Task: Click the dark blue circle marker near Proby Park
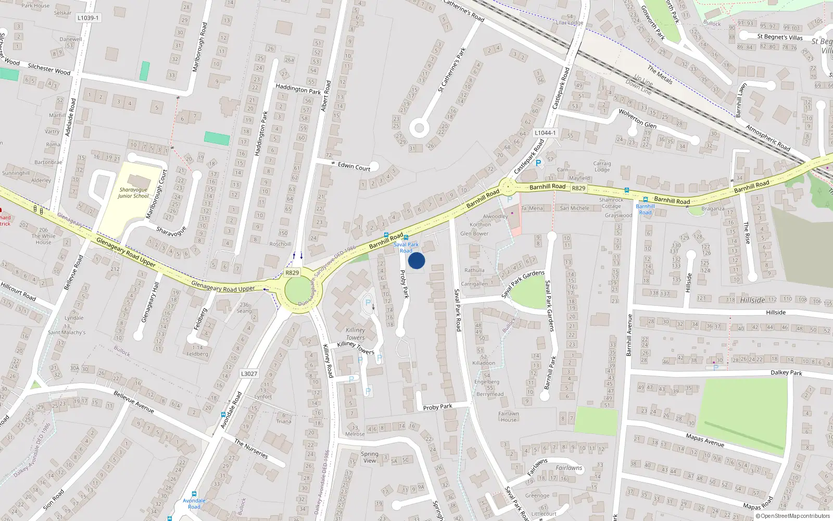(416, 260)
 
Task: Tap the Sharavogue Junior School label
(133, 193)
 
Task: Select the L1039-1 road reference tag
(88, 18)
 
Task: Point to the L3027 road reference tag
(249, 374)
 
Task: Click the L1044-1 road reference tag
(545, 133)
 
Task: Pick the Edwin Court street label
(354, 167)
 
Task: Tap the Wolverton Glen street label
(637, 119)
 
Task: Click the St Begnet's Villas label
(780, 37)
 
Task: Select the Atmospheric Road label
(768, 138)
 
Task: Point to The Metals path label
(660, 75)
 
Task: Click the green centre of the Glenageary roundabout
(297, 289)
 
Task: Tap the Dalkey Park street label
(786, 373)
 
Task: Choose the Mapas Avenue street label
(705, 440)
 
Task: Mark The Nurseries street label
(251, 449)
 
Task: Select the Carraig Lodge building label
(602, 166)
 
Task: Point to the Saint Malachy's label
(67, 332)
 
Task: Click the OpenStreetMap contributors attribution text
(793, 516)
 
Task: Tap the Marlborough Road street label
(199, 47)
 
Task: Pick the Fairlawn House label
(509, 417)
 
